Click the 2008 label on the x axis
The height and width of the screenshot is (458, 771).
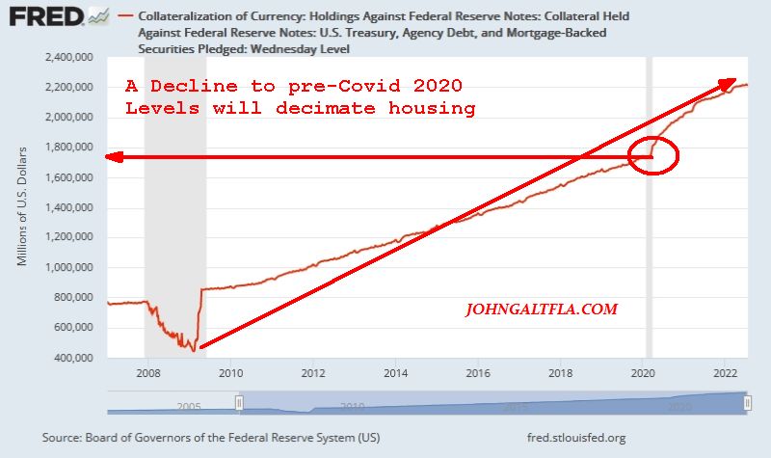(147, 372)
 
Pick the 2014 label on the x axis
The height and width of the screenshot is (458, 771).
(395, 372)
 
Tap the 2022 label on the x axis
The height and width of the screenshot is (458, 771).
(725, 372)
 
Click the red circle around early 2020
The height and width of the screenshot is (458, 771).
(652, 155)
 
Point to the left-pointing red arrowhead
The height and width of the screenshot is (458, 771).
(113, 157)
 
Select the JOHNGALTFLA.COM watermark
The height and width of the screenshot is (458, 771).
(541, 310)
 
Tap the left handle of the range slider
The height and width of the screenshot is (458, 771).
(240, 403)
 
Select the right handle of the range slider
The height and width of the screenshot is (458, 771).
(747, 403)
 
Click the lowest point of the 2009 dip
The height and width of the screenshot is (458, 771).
(193, 349)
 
